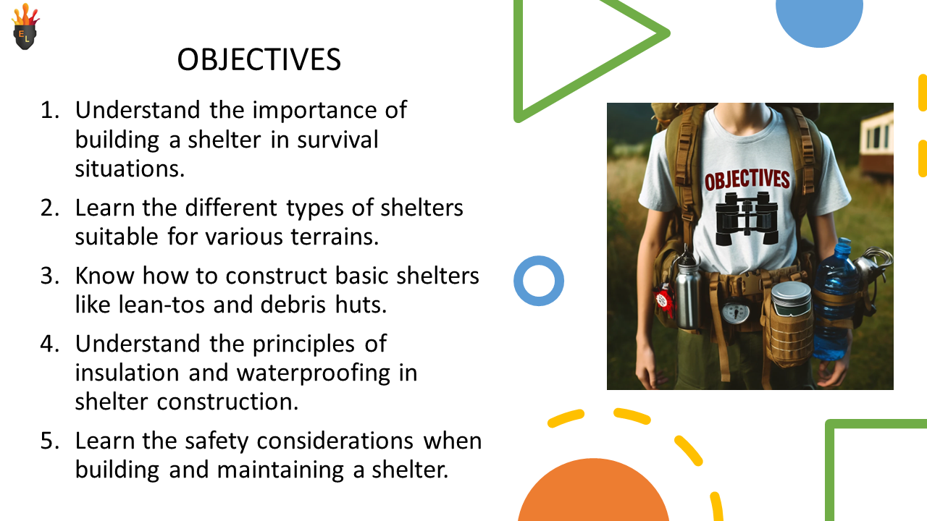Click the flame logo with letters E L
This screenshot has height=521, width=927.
(x=25, y=27)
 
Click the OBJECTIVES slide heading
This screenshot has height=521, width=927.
(x=259, y=59)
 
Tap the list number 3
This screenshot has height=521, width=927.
(x=50, y=276)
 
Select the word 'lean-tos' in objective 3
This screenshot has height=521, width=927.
(x=162, y=305)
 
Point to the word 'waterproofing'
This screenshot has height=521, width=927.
(x=314, y=373)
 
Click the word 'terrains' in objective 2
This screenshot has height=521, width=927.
(x=335, y=237)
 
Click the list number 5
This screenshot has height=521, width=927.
(x=50, y=441)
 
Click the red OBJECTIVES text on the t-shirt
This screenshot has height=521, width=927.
(x=747, y=180)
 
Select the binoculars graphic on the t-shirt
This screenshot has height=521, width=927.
(x=747, y=219)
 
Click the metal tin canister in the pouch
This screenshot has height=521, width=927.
(x=791, y=299)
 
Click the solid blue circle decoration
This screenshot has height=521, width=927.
(x=819, y=21)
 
